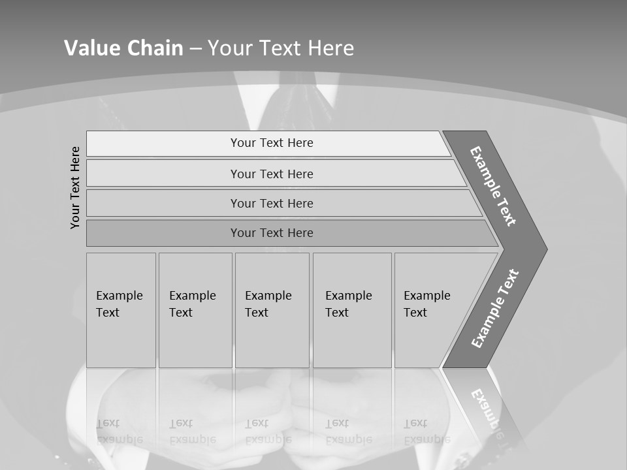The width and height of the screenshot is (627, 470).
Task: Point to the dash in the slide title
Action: tap(196, 48)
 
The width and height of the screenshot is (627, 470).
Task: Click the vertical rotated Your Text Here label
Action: tap(75, 187)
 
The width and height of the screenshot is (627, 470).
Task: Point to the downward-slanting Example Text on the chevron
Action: tap(493, 186)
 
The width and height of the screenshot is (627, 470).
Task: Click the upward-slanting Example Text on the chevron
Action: tap(495, 308)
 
